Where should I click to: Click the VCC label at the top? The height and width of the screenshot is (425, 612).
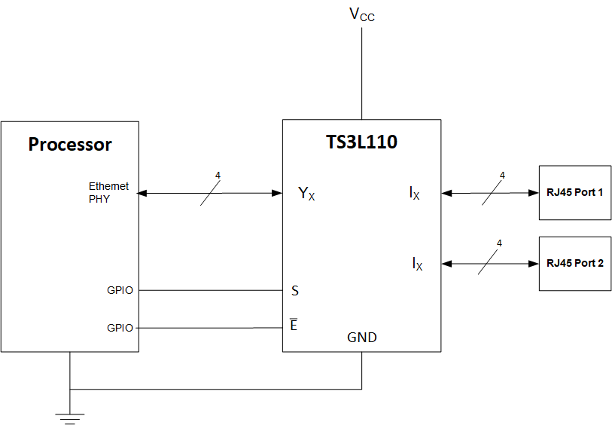click(x=361, y=14)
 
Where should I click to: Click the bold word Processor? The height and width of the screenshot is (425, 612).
click(x=70, y=145)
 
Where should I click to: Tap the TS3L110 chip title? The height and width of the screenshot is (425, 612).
click(x=361, y=141)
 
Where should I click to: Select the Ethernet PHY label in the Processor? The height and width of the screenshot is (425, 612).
click(x=108, y=193)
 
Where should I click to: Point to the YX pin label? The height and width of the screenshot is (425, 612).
click(x=306, y=194)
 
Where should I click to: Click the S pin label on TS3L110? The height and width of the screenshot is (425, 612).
click(x=295, y=290)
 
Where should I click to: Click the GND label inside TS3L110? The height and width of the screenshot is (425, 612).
click(x=362, y=338)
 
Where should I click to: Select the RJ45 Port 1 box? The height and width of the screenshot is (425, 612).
click(x=575, y=192)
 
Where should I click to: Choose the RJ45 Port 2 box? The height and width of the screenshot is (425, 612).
click(x=575, y=264)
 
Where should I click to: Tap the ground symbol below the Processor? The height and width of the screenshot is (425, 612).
click(x=70, y=417)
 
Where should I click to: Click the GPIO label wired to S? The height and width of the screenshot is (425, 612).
click(x=120, y=290)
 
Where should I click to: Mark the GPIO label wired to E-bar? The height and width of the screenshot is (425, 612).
click(x=120, y=328)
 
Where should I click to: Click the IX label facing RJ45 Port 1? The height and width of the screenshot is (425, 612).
click(x=415, y=194)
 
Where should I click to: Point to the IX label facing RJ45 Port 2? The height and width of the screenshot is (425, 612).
click(x=417, y=264)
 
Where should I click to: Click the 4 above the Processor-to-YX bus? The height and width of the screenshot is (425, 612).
click(x=218, y=176)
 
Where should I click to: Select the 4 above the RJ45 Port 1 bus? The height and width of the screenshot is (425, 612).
click(x=501, y=176)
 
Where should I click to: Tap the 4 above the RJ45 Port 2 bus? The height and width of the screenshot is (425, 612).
click(x=498, y=243)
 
